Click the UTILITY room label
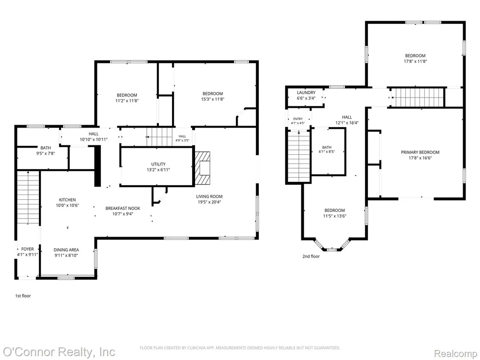click(x=158, y=164)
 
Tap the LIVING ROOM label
click(x=210, y=196)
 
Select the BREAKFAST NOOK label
click(x=123, y=209)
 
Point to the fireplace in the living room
click(x=202, y=168)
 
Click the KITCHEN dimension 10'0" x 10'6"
click(x=67, y=205)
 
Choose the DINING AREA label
click(x=66, y=250)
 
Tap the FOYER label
click(x=28, y=249)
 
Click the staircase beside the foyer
click(x=28, y=197)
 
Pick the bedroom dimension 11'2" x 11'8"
click(x=127, y=100)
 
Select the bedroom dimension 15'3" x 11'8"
click(x=213, y=99)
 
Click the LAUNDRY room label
click(x=306, y=92)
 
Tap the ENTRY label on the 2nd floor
click(x=298, y=119)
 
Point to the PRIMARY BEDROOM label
click(x=420, y=152)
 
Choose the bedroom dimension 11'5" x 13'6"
click(x=335, y=216)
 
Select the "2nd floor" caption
click(x=311, y=256)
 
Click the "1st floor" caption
click(x=23, y=296)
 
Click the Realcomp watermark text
click(x=456, y=353)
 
